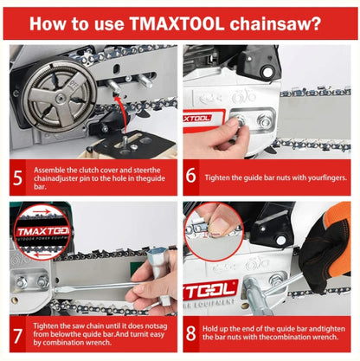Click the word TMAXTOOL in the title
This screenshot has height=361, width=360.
tap(177, 23)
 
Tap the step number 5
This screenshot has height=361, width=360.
tap(17, 178)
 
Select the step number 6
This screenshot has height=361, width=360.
tap(190, 175)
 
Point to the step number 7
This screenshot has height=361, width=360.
tap(17, 336)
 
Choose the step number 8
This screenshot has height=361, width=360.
tap(191, 333)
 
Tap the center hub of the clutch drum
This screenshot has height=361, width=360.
tap(61, 98)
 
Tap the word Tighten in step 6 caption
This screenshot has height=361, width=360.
tap(215, 177)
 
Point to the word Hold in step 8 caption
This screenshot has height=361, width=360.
tap(209, 329)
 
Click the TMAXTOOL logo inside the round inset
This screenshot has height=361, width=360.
tap(43, 231)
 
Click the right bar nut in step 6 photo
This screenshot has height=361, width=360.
tap(264, 120)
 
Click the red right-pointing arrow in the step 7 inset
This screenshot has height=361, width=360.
tap(42, 212)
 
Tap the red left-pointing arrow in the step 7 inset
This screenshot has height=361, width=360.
tap(41, 255)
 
